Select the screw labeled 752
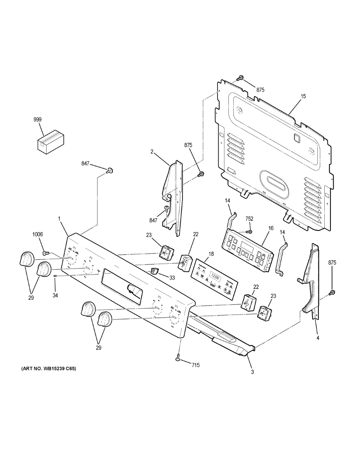[250, 231]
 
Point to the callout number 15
[303, 96]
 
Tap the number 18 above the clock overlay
[211, 254]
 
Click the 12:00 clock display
[215, 277]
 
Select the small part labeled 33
[155, 270]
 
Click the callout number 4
[318, 338]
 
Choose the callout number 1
[60, 219]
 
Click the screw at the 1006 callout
[45, 253]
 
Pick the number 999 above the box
[37, 120]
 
